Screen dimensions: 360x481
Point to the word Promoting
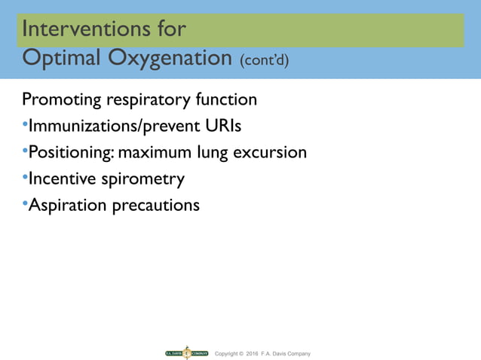pos(60,100)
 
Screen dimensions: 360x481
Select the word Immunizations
pos(82,126)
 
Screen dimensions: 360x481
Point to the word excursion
pos(269,153)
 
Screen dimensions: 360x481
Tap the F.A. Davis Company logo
pos(186,352)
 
